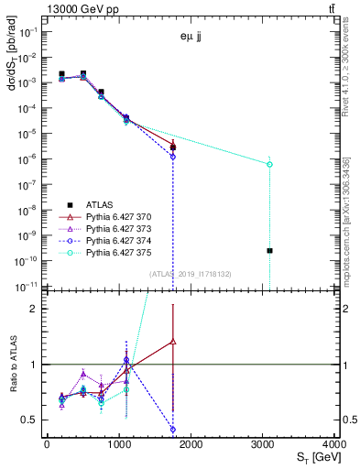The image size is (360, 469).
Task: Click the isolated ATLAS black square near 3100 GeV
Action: (269, 250)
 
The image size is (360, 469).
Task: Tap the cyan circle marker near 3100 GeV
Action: (269, 164)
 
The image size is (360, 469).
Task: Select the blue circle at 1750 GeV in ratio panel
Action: (172, 429)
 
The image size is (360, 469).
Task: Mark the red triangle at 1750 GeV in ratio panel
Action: (172, 341)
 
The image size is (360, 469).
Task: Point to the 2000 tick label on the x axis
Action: (191, 445)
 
